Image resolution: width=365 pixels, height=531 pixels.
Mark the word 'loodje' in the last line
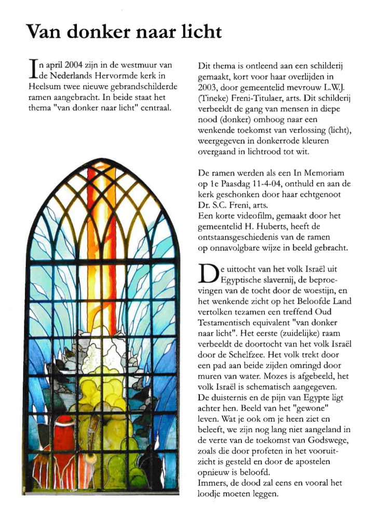pos(210,494)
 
